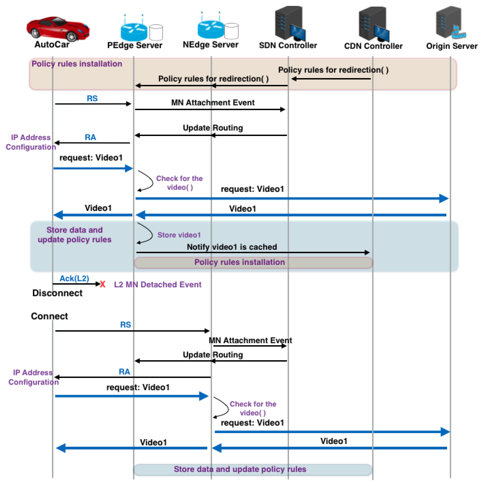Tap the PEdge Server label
point(135,45)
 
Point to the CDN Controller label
point(373,46)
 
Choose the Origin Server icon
point(450,23)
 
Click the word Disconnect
point(57,293)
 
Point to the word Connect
point(49,316)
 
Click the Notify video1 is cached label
point(232,247)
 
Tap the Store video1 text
point(179,235)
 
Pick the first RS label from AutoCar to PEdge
point(92,98)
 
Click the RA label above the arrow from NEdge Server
point(124,372)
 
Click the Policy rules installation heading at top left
point(77,64)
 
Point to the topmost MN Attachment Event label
point(213,103)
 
